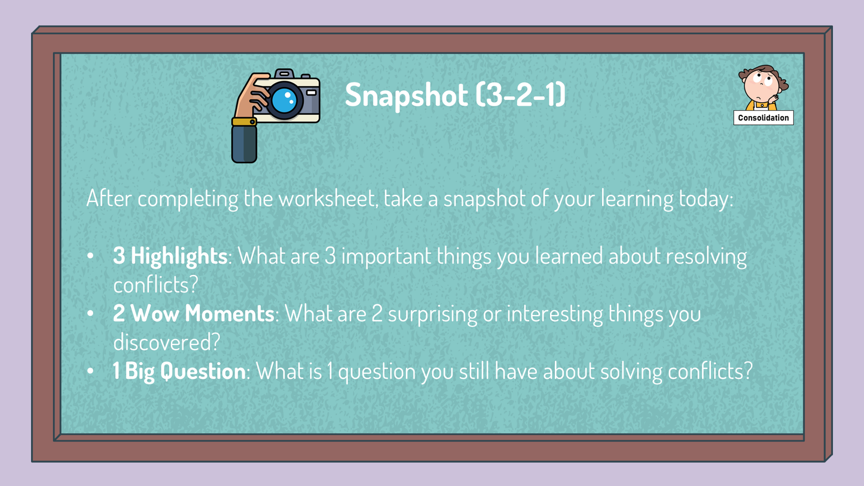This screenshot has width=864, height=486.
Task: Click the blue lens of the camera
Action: tap(285, 100)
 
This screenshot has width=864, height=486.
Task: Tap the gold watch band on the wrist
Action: tap(244, 122)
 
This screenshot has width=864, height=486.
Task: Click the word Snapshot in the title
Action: tap(407, 95)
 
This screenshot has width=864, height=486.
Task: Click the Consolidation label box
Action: tap(764, 118)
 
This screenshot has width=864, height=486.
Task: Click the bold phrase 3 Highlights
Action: tap(170, 256)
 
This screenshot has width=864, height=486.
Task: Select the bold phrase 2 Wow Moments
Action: tap(193, 313)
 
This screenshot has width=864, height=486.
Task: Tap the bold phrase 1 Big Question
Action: tap(179, 372)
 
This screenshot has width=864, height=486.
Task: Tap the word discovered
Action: tap(166, 342)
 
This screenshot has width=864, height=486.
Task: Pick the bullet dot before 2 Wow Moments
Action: tap(90, 314)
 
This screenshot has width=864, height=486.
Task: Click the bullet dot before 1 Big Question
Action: tap(90, 371)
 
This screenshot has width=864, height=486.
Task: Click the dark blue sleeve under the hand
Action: tap(244, 144)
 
